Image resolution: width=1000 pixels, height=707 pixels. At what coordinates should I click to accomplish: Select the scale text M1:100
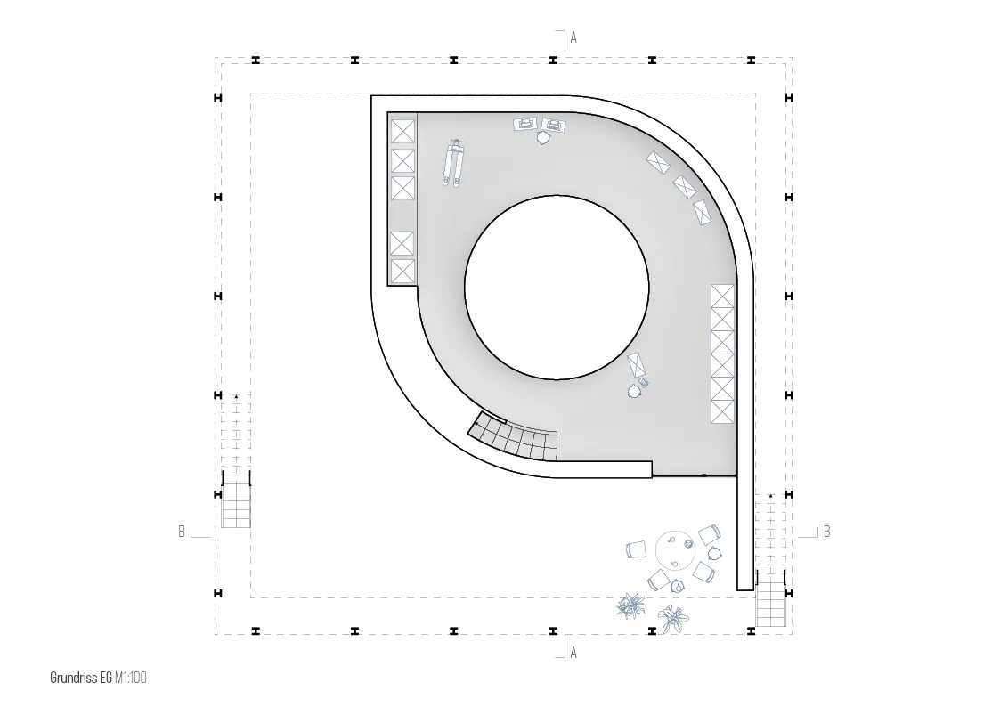[x=131, y=678]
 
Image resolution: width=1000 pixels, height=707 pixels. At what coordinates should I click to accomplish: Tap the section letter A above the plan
[x=573, y=37]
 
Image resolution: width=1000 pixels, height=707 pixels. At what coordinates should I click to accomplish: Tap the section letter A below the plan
[x=573, y=653]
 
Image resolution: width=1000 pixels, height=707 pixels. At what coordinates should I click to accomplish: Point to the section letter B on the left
[x=182, y=531]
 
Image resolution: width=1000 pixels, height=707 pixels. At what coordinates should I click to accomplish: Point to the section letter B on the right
[x=826, y=531]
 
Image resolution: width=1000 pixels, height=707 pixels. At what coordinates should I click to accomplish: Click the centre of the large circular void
[x=557, y=287]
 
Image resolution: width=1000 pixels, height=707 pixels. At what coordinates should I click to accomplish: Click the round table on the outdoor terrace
[x=675, y=551]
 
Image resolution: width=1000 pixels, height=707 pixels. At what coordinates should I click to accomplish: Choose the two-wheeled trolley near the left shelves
[x=454, y=163]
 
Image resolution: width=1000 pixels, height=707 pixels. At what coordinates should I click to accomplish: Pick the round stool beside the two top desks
[x=542, y=138]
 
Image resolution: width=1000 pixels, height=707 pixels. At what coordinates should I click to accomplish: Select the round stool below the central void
[x=635, y=391]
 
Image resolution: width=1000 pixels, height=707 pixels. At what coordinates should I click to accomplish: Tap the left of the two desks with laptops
[x=524, y=125]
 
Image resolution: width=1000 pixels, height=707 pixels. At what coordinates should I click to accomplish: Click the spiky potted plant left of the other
[x=630, y=605]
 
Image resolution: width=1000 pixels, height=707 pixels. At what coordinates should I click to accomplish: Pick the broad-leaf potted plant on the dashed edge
[x=673, y=618]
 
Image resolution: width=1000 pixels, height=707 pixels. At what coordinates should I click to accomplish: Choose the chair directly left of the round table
[x=637, y=549]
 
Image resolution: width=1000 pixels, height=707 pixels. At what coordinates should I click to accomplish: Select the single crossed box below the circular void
[x=637, y=365]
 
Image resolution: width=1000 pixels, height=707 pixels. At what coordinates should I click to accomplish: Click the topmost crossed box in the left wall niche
[x=402, y=132]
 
